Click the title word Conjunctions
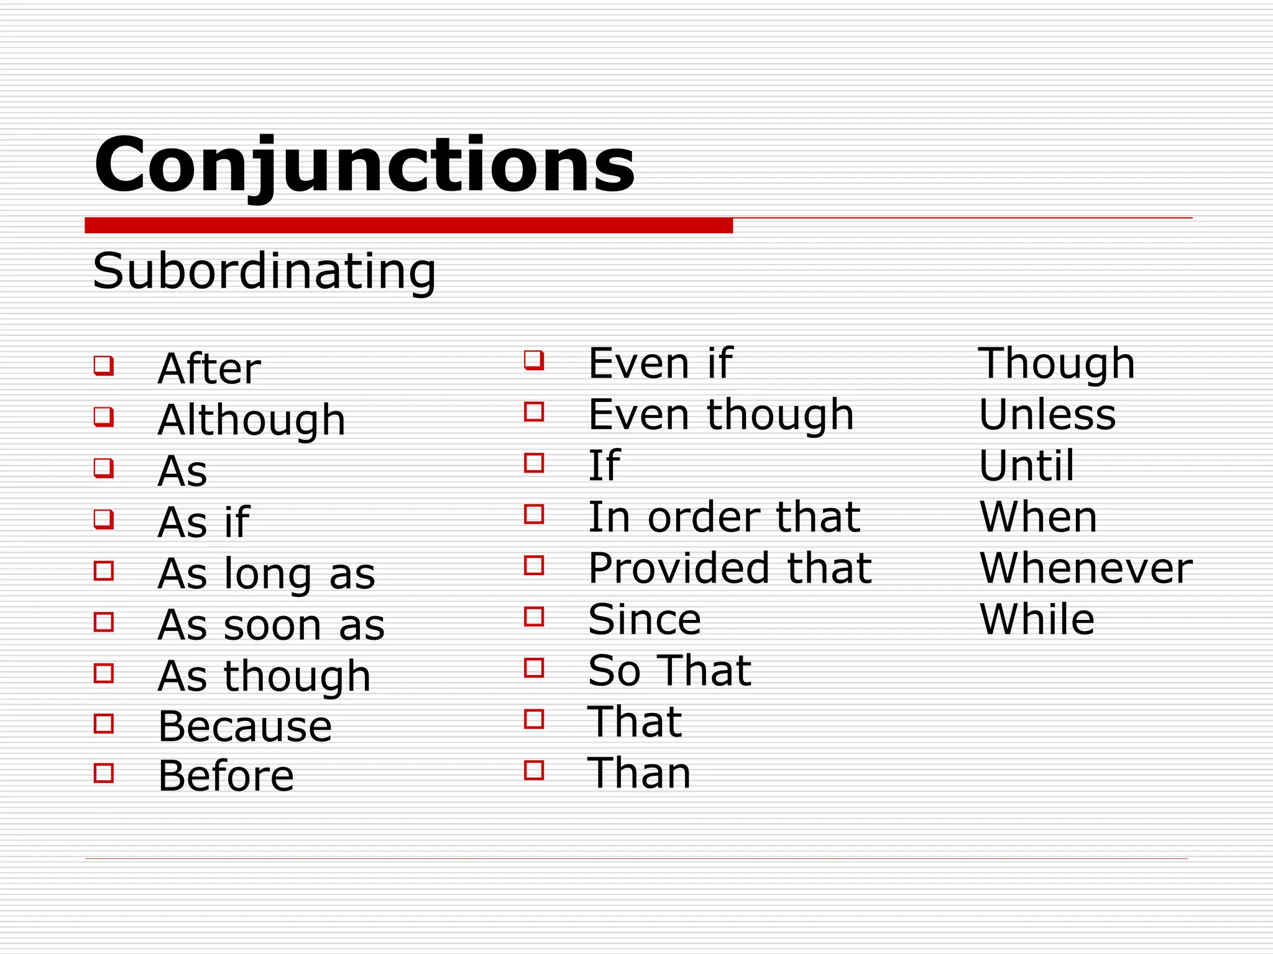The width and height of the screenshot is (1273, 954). [364, 165]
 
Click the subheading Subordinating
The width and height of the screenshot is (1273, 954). [264, 271]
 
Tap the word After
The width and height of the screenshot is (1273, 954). [209, 369]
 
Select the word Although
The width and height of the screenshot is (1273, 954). [252, 420]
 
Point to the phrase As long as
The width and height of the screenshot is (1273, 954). [267, 574]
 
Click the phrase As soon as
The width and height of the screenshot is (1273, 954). [272, 625]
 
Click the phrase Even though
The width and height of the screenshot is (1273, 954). [721, 415]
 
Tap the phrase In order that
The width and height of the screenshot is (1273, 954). [724, 517]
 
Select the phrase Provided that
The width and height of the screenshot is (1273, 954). [730, 568]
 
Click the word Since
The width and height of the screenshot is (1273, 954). [645, 620]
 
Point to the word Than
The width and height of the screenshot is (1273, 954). [639, 774]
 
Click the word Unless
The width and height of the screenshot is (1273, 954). [1047, 415]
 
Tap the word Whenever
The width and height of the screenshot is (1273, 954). [1086, 568]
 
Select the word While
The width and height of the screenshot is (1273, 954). [1037, 620]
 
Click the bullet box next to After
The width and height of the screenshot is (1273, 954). [104, 365]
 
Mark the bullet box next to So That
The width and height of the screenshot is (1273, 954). [534, 668]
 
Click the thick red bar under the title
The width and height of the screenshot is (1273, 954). [408, 225]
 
